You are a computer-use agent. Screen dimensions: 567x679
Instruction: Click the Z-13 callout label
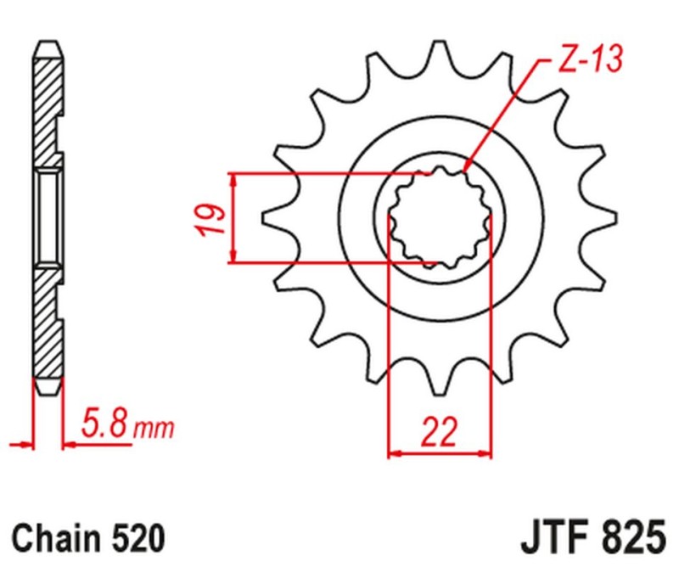590,59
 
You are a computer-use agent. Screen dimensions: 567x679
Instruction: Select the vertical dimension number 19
214,220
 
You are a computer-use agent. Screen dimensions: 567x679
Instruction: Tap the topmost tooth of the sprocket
441,53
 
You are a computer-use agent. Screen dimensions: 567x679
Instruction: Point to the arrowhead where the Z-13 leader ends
469,166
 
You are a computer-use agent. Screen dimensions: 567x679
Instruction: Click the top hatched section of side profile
48,102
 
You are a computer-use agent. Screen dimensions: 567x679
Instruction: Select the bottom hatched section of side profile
48,331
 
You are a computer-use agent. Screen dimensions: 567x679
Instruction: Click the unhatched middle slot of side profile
49,216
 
